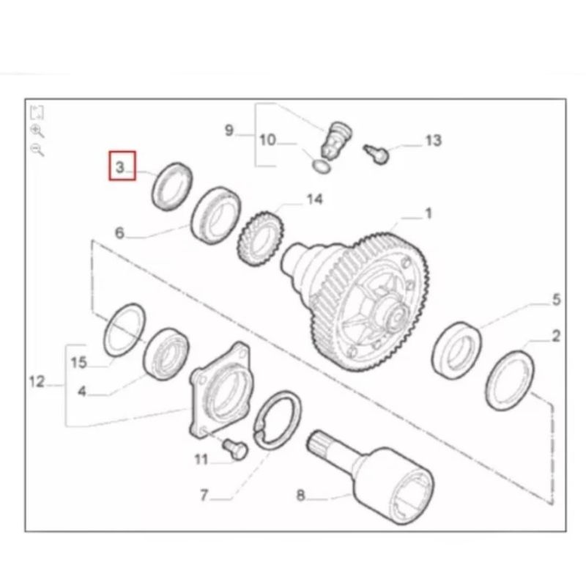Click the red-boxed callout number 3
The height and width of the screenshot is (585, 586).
(x=119, y=167)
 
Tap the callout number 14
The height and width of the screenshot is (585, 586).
(x=315, y=199)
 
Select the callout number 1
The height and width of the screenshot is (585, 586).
(x=429, y=213)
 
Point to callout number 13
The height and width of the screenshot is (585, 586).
(x=434, y=141)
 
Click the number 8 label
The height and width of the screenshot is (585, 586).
(x=301, y=496)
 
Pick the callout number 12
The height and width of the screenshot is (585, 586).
(x=37, y=382)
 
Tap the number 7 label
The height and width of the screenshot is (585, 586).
(x=204, y=496)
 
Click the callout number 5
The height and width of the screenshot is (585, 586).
(x=557, y=300)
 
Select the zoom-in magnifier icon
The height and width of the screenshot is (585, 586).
(x=37, y=131)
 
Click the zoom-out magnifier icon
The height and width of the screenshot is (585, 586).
(x=37, y=150)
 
